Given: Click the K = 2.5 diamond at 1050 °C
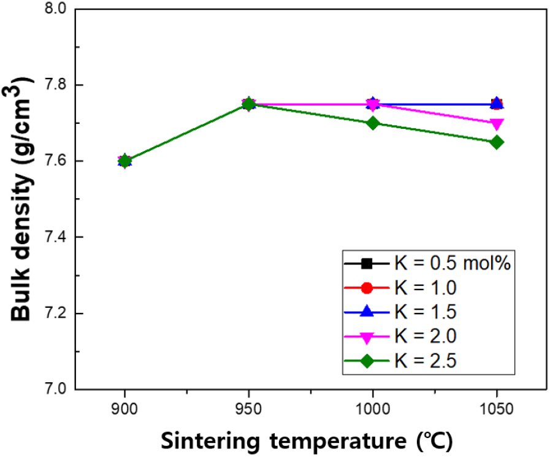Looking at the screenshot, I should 497,142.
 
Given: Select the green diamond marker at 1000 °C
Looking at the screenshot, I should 373,123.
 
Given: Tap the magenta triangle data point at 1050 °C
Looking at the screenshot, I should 497,124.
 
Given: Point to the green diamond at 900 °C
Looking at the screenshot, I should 125,161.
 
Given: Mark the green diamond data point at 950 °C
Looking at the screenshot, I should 248,104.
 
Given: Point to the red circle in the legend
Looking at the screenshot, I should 367,288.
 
